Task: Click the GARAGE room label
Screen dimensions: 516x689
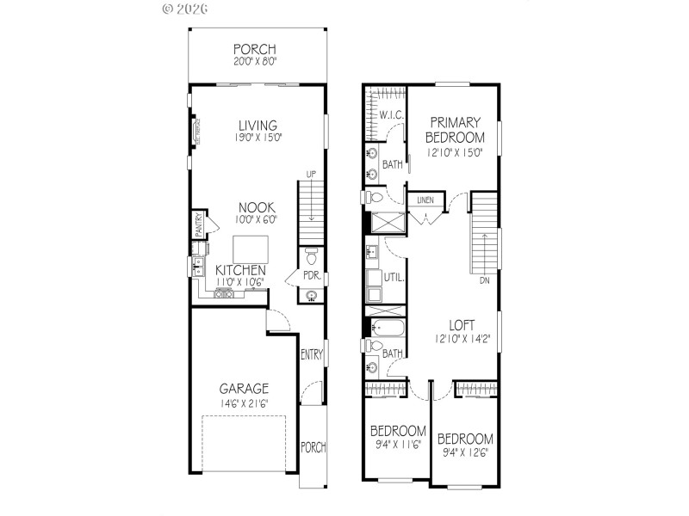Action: pyautogui.click(x=243, y=388)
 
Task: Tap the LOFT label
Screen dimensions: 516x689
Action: pyautogui.click(x=462, y=325)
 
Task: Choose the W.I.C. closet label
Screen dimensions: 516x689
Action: pyautogui.click(x=392, y=114)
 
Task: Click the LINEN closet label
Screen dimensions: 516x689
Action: pyautogui.click(x=425, y=200)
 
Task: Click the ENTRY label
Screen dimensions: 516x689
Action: pyautogui.click(x=311, y=353)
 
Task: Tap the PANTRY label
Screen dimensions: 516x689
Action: pyautogui.click(x=198, y=225)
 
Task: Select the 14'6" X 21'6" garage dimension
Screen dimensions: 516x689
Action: pyautogui.click(x=243, y=402)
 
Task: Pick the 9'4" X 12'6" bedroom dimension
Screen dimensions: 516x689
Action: pyautogui.click(x=466, y=452)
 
